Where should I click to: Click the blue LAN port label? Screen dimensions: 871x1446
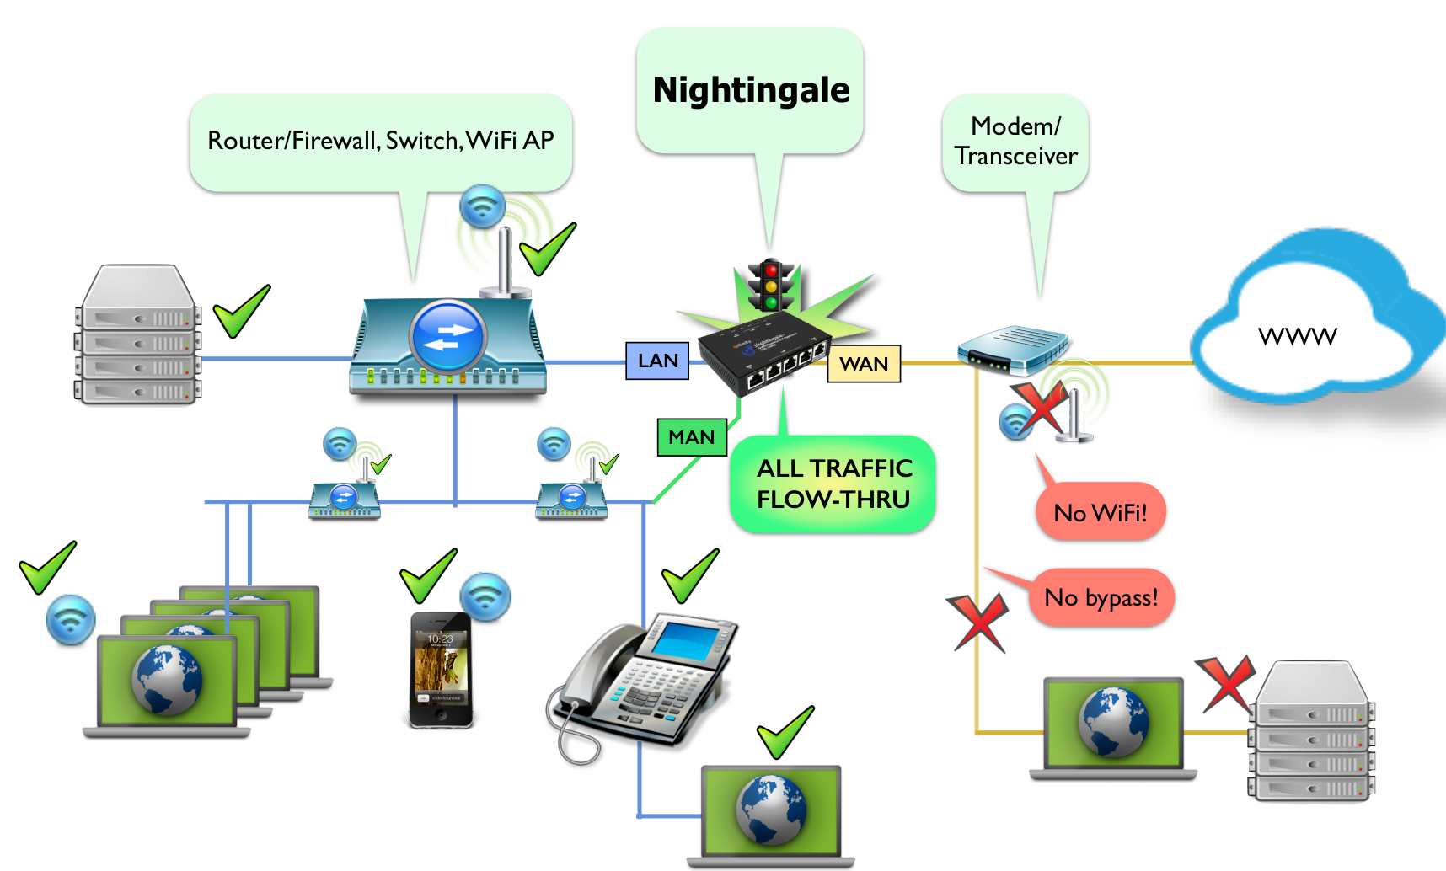pyautogui.click(x=657, y=361)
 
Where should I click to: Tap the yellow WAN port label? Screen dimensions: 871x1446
pyautogui.click(x=864, y=364)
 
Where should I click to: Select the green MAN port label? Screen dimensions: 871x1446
pyautogui.click(x=691, y=437)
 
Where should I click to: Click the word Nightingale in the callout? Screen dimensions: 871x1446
pyautogui.click(x=751, y=90)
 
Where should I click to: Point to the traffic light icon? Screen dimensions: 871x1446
pyautogui.click(x=770, y=286)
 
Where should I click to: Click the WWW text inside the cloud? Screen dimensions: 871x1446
pyautogui.click(x=1297, y=337)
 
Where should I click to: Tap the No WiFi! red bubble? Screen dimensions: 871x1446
pyautogui.click(x=1101, y=512)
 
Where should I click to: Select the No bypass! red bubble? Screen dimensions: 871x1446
pyautogui.click(x=1101, y=597)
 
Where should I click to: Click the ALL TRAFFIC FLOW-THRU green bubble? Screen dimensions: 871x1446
pyautogui.click(x=833, y=484)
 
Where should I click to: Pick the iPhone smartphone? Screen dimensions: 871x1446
pyautogui.click(x=441, y=671)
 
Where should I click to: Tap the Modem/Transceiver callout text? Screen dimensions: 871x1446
pyautogui.click(x=1015, y=142)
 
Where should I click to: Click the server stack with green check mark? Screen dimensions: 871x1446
pyautogui.click(x=139, y=337)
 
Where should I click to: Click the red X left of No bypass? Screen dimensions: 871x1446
pyautogui.click(x=977, y=622)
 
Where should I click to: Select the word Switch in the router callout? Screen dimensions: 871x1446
pyautogui.click(x=423, y=141)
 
